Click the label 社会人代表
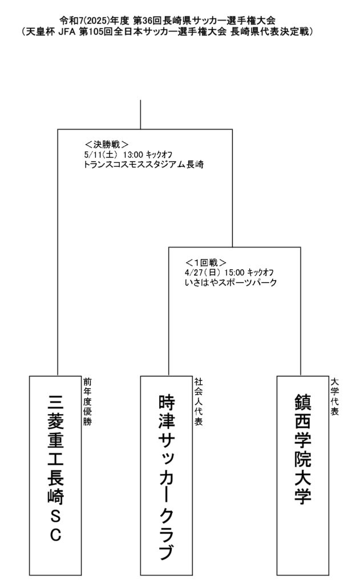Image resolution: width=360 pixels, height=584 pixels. point(197,401)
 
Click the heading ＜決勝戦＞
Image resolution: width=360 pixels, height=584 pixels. point(106,144)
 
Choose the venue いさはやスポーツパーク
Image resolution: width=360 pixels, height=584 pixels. point(231,282)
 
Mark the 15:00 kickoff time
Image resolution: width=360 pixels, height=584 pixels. point(235,273)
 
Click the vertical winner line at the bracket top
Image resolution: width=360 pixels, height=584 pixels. point(140,114)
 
